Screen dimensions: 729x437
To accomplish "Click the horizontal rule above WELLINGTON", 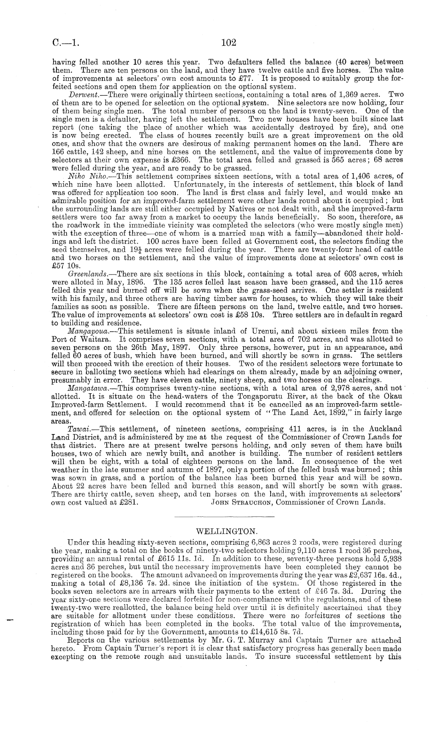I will (x=224, y=517).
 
